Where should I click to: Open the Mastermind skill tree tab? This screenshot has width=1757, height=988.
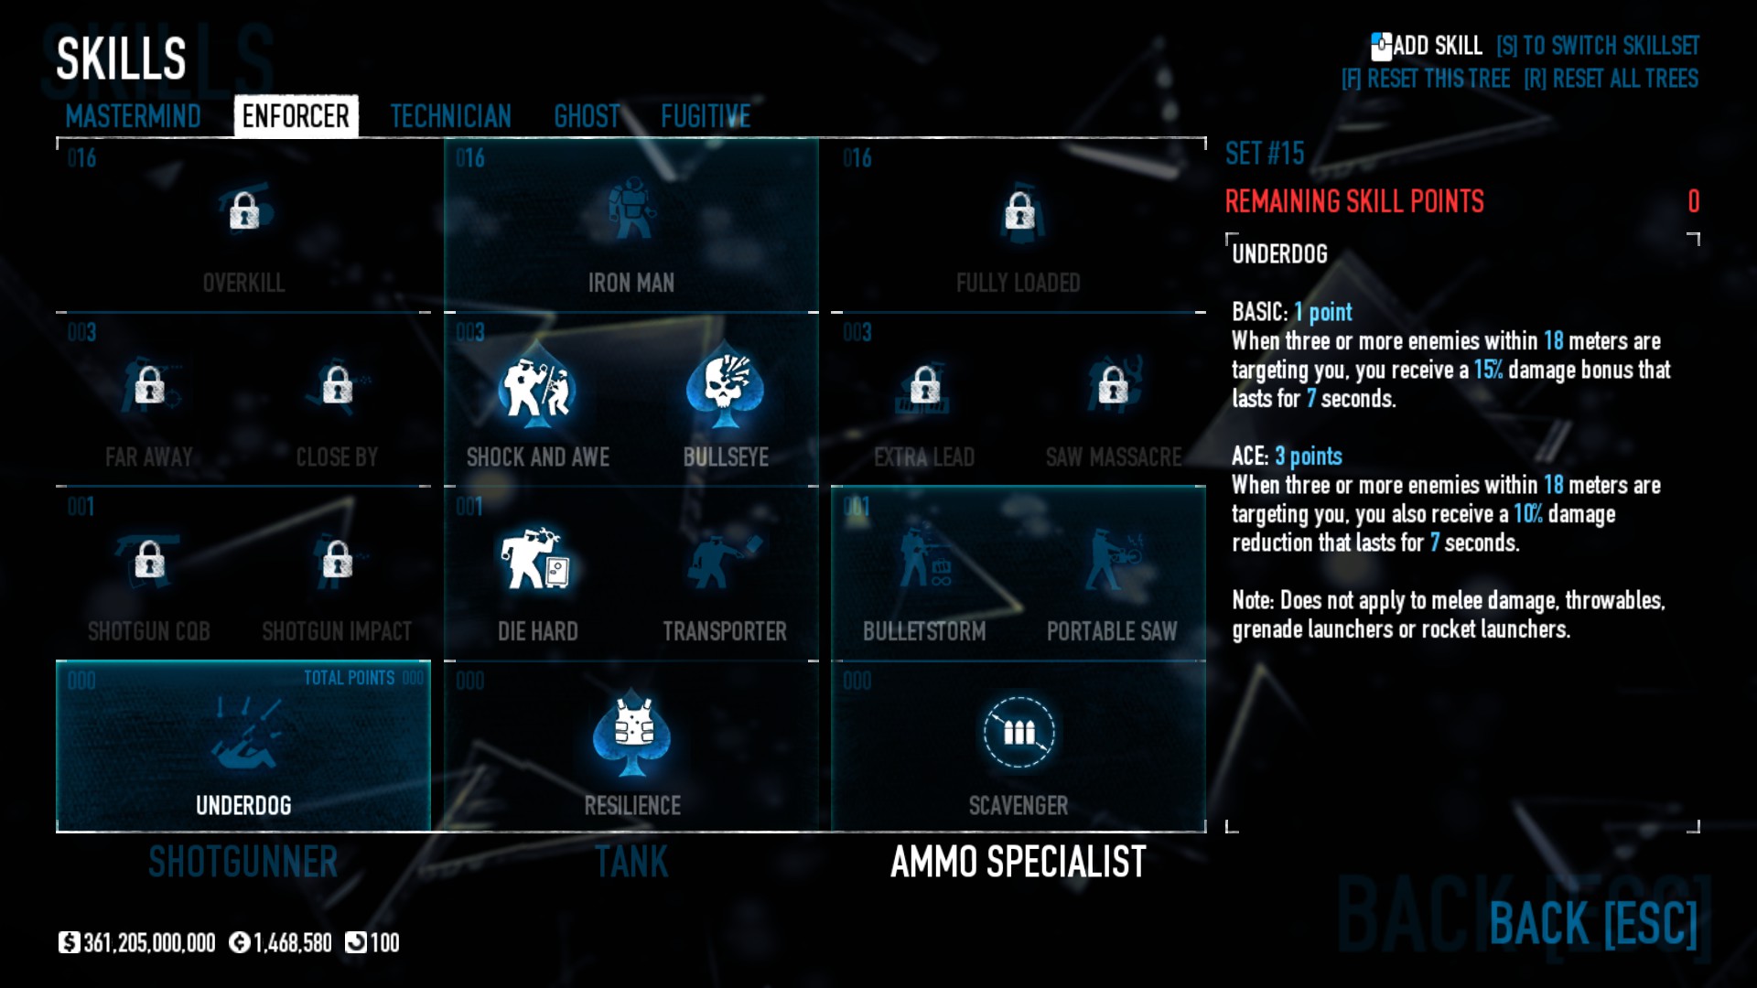click(133, 116)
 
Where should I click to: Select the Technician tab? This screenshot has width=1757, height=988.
click(450, 116)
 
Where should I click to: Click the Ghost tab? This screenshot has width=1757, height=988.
click(587, 116)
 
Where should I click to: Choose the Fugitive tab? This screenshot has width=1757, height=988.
click(706, 116)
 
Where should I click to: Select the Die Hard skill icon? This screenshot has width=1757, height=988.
click(537, 559)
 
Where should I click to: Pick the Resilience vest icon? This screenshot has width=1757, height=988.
click(632, 733)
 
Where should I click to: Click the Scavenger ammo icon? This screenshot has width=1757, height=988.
click(1019, 733)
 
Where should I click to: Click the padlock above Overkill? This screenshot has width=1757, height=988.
click(244, 211)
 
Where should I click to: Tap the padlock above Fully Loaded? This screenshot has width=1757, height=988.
click(1019, 211)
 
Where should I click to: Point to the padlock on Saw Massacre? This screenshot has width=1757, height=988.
click(1113, 385)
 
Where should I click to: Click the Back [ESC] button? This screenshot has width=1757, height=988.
click(1593, 923)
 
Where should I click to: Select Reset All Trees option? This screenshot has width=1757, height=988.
click(1611, 79)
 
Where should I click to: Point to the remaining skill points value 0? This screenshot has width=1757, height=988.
click(1693, 201)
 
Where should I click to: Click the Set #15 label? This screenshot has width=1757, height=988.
click(1265, 154)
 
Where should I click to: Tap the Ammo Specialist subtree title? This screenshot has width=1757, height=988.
click(1018, 862)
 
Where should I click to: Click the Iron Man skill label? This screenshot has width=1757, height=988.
click(631, 283)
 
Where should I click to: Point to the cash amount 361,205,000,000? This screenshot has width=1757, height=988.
click(149, 943)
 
